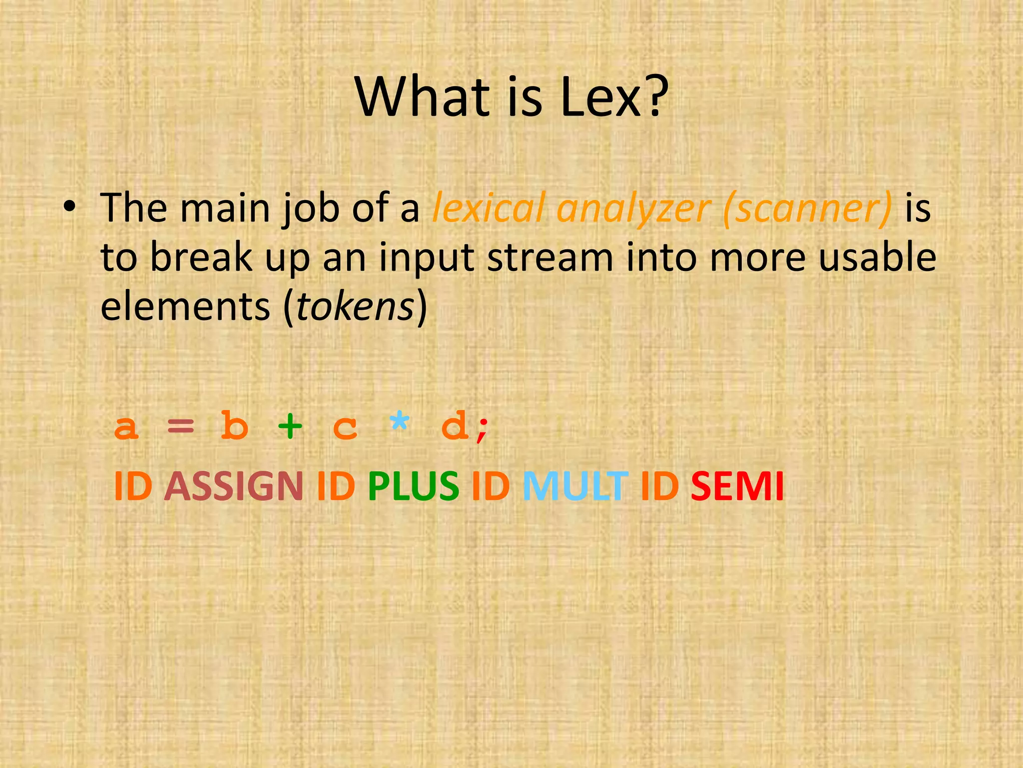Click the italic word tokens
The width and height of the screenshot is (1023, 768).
[x=355, y=306]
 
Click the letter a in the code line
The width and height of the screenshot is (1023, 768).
[x=126, y=427]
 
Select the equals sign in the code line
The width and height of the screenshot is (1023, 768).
[x=180, y=426]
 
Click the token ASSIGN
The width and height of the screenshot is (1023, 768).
[x=233, y=486]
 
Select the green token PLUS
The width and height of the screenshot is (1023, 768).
[x=413, y=486]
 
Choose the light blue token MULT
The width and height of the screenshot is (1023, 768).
[x=574, y=486]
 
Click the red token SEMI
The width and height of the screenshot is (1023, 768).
[x=737, y=486]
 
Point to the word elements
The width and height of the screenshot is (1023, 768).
[x=185, y=306]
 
